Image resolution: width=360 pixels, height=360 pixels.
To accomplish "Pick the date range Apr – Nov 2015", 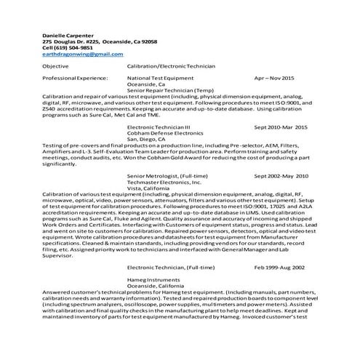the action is tap(274, 77).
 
